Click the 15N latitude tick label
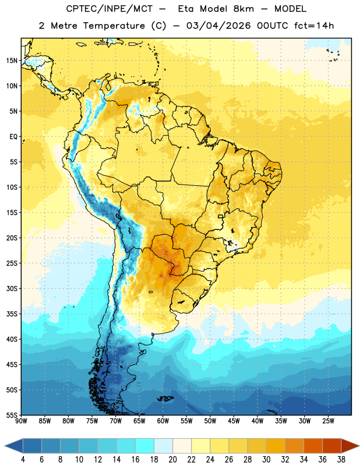click(x=12, y=61)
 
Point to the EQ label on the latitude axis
click(x=13, y=137)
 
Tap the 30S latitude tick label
click(x=12, y=288)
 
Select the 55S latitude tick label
click(x=12, y=415)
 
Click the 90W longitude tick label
click(x=21, y=421)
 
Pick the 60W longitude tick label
click(x=163, y=421)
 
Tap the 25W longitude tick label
click(x=328, y=421)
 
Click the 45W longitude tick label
click(x=234, y=421)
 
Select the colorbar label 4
click(x=23, y=460)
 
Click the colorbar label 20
click(x=172, y=460)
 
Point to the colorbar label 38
click(x=341, y=460)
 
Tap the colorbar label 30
click(x=266, y=460)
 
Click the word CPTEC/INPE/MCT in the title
click(x=110, y=9)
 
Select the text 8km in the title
click(x=243, y=9)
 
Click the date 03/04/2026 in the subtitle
click(x=218, y=26)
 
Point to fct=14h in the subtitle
click(x=314, y=26)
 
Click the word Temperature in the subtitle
click(x=114, y=26)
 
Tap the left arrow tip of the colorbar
click(x=5, y=446)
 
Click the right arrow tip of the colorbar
click(x=359, y=446)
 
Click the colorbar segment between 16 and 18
click(x=144, y=446)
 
